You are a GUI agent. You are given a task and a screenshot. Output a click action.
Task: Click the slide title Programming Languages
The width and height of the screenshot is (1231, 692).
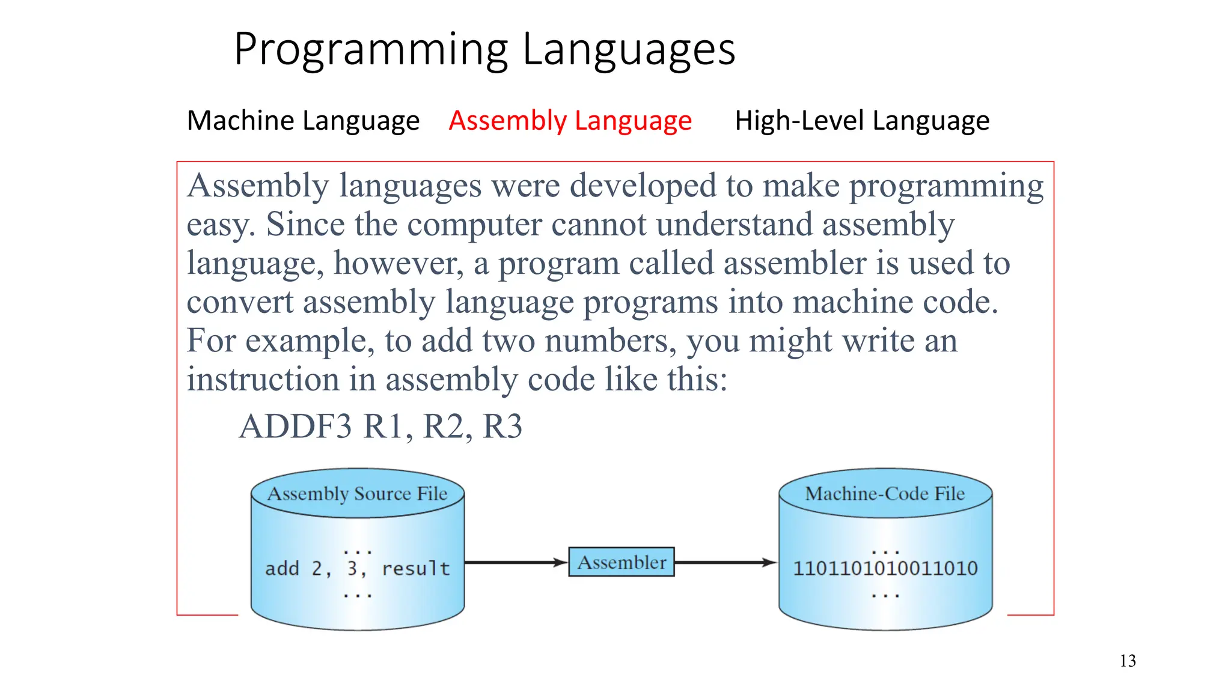click(x=484, y=49)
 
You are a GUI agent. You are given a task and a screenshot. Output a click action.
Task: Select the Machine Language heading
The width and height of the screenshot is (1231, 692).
click(x=303, y=121)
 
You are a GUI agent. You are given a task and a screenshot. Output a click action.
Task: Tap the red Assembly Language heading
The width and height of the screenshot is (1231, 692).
click(x=570, y=121)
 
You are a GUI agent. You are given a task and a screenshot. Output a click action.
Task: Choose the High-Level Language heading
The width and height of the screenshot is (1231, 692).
click(x=862, y=121)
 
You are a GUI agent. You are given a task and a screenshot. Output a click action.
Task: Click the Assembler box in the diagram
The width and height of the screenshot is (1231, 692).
click(x=622, y=562)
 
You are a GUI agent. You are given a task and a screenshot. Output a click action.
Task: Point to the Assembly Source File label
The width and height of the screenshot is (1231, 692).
click(x=357, y=494)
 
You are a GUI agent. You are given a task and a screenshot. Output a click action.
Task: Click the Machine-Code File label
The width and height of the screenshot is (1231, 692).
click(x=885, y=494)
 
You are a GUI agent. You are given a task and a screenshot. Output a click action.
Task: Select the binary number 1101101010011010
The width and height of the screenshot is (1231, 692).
click(x=885, y=568)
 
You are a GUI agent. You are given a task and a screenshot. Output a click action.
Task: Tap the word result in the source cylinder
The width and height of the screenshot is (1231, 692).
click(x=416, y=568)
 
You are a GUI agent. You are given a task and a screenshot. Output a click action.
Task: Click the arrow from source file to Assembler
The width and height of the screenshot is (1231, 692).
click(x=516, y=562)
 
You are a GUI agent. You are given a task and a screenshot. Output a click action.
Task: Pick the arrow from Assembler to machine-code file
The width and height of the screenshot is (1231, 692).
click(x=725, y=562)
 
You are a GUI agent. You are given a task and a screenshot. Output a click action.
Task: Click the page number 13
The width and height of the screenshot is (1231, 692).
click(x=1128, y=661)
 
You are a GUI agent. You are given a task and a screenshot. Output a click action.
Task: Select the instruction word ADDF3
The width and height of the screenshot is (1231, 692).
click(x=295, y=427)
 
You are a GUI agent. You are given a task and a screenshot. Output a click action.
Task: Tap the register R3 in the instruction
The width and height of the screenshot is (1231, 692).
click(x=502, y=427)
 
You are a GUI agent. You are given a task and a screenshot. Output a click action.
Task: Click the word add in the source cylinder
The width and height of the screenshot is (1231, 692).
click(x=282, y=568)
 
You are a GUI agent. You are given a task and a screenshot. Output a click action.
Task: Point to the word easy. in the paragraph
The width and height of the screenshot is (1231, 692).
click(x=221, y=226)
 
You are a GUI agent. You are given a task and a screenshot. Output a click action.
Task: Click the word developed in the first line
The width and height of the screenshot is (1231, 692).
click(x=643, y=186)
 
